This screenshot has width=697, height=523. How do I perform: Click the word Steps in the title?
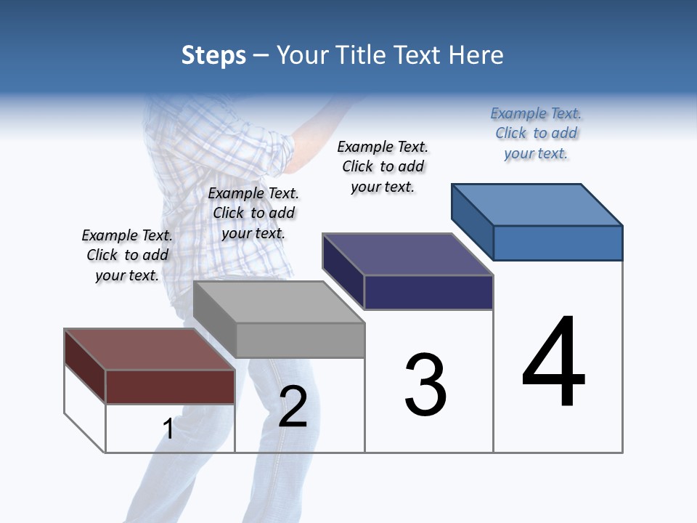pyautogui.click(x=213, y=55)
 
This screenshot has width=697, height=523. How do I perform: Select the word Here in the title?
pyautogui.click(x=477, y=55)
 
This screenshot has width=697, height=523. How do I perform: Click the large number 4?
pyautogui.click(x=554, y=363)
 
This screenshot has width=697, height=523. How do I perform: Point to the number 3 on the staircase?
pyautogui.click(x=425, y=385)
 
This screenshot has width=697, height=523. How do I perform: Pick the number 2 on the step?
pyautogui.click(x=293, y=407)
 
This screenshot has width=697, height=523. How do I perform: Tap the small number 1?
pyautogui.click(x=168, y=429)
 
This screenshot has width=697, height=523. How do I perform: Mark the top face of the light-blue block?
pyautogui.click(x=537, y=204)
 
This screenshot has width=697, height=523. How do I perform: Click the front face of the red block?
pyautogui.click(x=170, y=386)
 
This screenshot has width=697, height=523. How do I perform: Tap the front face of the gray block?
pyautogui.click(x=300, y=340)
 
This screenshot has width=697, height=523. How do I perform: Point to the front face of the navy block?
pyautogui.click(x=428, y=293)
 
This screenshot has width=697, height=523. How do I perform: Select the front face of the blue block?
pyautogui.click(x=558, y=243)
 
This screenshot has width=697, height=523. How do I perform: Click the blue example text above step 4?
pyautogui.click(x=536, y=133)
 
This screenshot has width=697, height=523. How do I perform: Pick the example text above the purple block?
pyautogui.click(x=383, y=166)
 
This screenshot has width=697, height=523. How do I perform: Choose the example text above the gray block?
pyautogui.click(x=253, y=213)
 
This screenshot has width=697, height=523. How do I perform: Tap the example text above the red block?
pyautogui.click(x=127, y=255)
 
